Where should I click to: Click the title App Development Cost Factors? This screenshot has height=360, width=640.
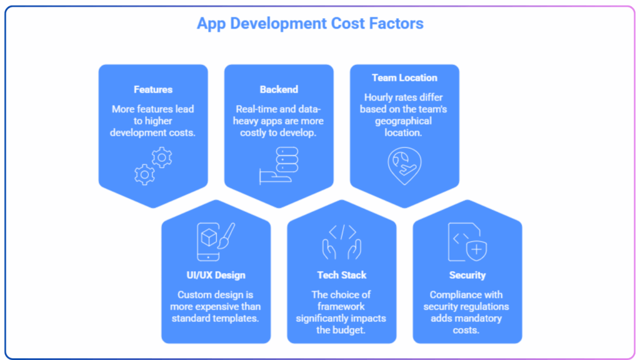pyautogui.click(x=310, y=24)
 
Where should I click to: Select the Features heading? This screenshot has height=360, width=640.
pyautogui.click(x=153, y=89)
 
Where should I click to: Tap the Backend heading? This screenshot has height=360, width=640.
pyautogui.click(x=279, y=89)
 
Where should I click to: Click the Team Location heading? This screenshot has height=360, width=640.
pyautogui.click(x=404, y=77)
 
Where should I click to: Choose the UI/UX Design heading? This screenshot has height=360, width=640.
pyautogui.click(x=216, y=275)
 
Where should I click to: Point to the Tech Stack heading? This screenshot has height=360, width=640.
pyautogui.click(x=342, y=275)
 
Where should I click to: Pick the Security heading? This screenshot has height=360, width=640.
pyautogui.click(x=467, y=275)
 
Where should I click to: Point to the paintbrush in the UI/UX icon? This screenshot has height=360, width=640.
pyautogui.click(x=227, y=236)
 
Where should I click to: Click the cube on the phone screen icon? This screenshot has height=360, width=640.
pyautogui.click(x=209, y=237)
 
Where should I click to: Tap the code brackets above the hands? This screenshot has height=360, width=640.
pyautogui.click(x=342, y=232)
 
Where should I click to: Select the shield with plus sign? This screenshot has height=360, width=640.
pyautogui.click(x=476, y=250)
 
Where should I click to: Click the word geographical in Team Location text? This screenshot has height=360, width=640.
pyautogui.click(x=403, y=121)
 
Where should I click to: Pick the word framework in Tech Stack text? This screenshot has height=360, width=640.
pyautogui.click(x=341, y=306)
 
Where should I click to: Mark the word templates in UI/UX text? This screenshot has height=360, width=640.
pyautogui.click(x=237, y=318)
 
